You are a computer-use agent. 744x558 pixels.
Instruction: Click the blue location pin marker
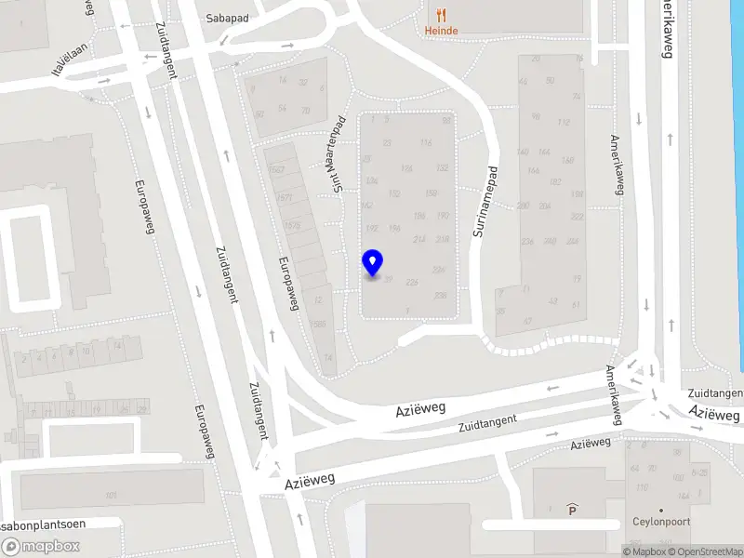point(373,263)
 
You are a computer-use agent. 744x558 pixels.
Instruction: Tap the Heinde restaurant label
point(441,31)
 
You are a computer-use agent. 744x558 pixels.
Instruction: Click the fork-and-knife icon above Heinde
point(441,14)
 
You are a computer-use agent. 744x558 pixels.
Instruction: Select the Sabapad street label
point(229,18)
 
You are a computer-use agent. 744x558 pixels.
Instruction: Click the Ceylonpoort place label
point(660,522)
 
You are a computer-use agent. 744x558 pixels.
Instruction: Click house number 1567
point(275,170)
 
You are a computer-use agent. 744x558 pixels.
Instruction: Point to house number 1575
point(292,226)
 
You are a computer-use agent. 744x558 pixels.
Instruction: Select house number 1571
point(285,198)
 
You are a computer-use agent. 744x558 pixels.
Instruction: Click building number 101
point(112,494)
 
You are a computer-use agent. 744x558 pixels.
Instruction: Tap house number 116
point(426,142)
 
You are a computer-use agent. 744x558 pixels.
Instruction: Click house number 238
point(441,296)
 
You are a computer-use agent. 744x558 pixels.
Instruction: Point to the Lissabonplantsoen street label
point(42,524)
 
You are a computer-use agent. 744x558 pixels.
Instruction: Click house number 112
point(564,122)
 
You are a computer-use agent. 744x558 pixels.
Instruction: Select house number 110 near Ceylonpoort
point(642,487)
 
